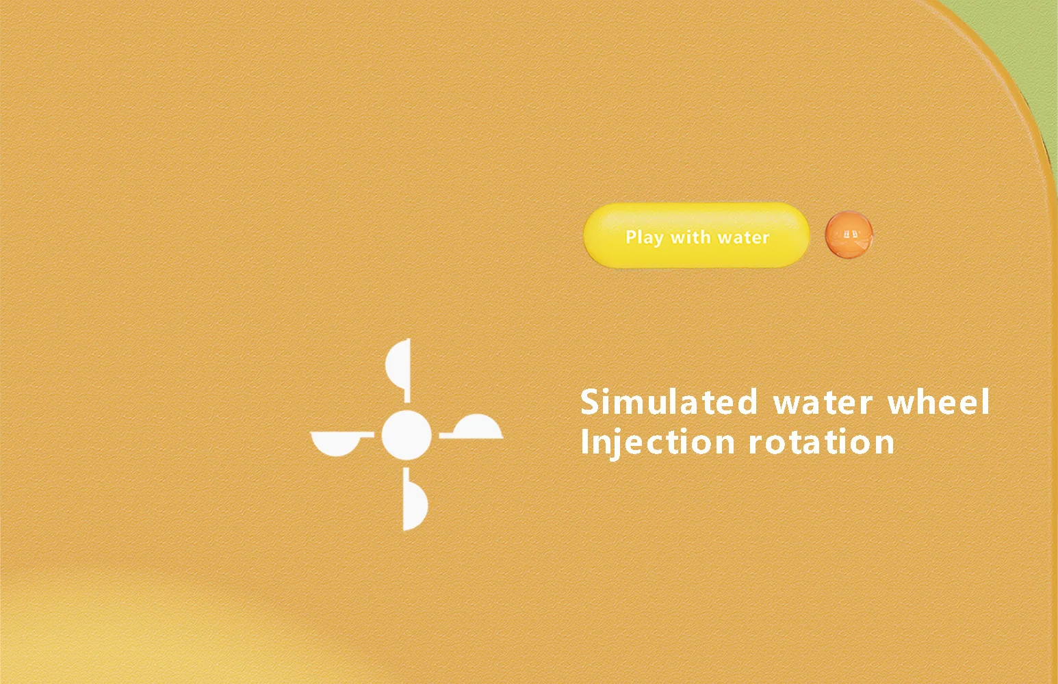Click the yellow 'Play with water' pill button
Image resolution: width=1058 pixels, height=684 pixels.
click(697, 235)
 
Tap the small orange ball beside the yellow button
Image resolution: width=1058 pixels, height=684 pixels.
click(849, 235)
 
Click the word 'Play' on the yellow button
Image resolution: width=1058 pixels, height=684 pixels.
click(644, 237)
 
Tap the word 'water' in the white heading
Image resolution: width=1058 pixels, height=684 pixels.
click(823, 403)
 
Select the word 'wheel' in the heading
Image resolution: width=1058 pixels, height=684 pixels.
click(938, 402)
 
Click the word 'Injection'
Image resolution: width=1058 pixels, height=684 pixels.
click(658, 443)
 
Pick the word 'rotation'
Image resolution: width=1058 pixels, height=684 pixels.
click(821, 443)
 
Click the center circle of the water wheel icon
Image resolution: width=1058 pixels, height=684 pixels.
click(407, 435)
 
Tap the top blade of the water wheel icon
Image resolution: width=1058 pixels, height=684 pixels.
click(398, 371)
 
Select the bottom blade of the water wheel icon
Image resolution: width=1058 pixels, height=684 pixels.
click(415, 499)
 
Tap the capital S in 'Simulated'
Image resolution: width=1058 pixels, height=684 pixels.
click(591, 402)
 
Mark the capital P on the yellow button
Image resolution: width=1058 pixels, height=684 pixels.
click(631, 237)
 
